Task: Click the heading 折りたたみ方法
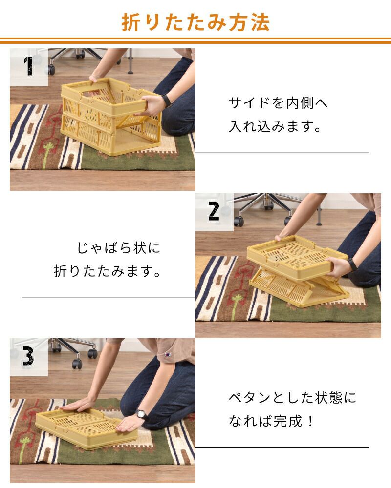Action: [x=195, y=22]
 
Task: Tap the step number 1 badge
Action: [x=29, y=66]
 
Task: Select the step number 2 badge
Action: [x=214, y=212]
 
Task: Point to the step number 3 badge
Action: [x=28, y=357]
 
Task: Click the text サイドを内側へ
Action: [x=278, y=103]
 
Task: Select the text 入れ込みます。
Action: [x=275, y=126]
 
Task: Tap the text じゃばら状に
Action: [x=118, y=248]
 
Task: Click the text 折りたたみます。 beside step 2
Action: [x=107, y=271]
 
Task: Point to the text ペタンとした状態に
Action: [x=292, y=397]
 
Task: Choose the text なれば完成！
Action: [x=271, y=421]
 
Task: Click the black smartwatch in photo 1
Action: [x=167, y=100]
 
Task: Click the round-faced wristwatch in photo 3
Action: [x=141, y=414]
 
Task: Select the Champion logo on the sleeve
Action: [x=168, y=354]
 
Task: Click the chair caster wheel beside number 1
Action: [x=51, y=70]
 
